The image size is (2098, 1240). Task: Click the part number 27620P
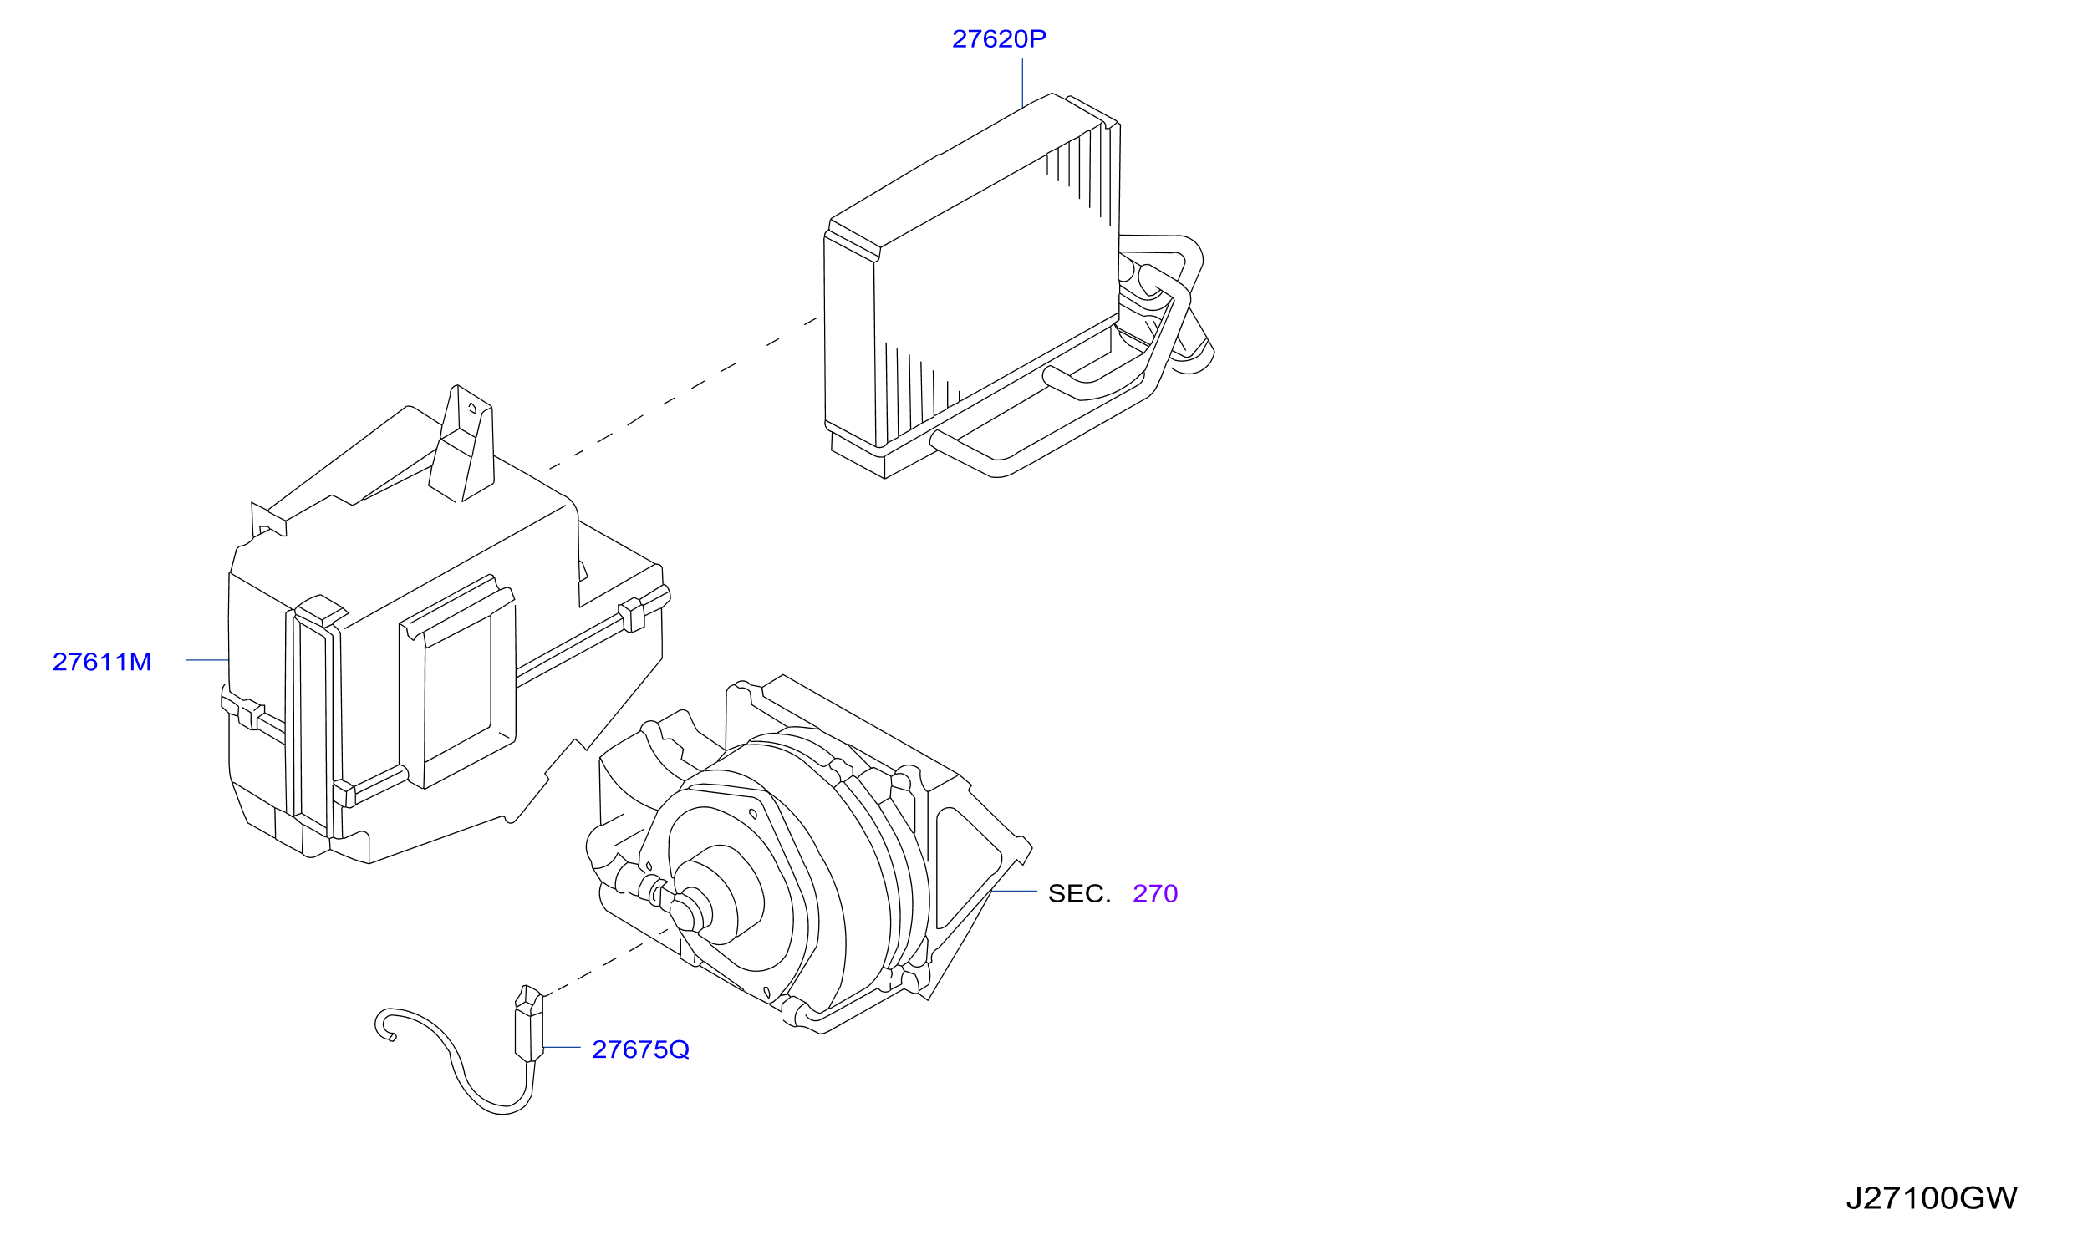[999, 39]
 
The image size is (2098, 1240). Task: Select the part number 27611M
[102, 663]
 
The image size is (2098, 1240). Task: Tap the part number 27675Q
[640, 1050]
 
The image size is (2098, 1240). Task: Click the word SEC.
[1079, 894]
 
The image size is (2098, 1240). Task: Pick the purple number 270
[1155, 894]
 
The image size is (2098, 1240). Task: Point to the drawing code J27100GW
[1932, 1199]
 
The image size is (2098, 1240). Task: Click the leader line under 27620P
[1022, 83]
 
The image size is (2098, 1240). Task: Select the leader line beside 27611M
[207, 660]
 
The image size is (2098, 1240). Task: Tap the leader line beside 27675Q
[562, 1047]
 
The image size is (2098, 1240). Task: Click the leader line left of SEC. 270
[1014, 892]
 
